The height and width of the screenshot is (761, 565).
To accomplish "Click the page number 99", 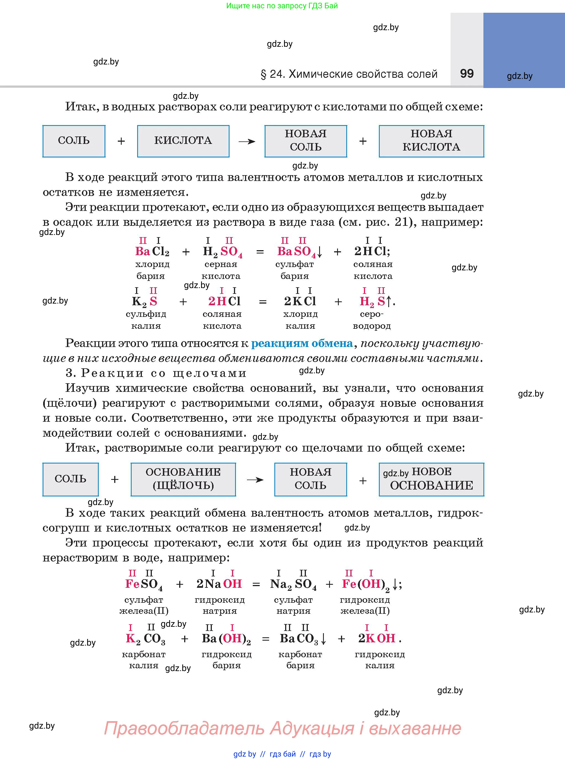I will click(x=467, y=74).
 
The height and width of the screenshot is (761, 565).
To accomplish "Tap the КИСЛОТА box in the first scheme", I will click(x=183, y=141).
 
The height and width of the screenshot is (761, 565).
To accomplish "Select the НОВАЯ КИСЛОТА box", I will click(x=431, y=141).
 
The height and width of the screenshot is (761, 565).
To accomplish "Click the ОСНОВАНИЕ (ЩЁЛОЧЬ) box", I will click(x=183, y=479).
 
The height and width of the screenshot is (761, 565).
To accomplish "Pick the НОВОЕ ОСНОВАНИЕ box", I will click(x=431, y=479).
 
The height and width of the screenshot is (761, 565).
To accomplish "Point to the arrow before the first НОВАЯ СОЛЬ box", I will click(x=247, y=141).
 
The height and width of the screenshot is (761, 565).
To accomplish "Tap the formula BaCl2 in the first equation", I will click(x=152, y=252).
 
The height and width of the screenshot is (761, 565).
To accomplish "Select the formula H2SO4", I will click(x=222, y=252).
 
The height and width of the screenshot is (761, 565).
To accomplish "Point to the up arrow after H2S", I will click(x=389, y=301).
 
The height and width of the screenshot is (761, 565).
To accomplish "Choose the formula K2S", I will click(x=144, y=301).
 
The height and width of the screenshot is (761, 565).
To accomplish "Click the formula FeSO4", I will click(x=144, y=584).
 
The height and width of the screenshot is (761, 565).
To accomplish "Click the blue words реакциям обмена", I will click(x=302, y=343).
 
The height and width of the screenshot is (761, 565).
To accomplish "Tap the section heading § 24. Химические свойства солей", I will click(x=349, y=74).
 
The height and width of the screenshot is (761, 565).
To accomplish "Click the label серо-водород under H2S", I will click(x=372, y=320).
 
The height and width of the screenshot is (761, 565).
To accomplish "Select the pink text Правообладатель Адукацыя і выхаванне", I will click(x=283, y=728).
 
